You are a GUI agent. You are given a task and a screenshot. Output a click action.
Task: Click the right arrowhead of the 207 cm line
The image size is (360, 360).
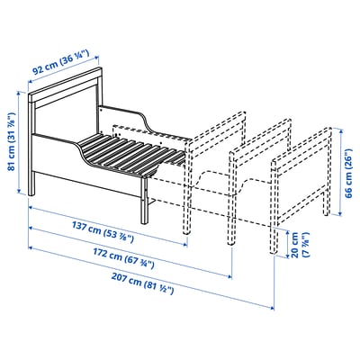[272, 308]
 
